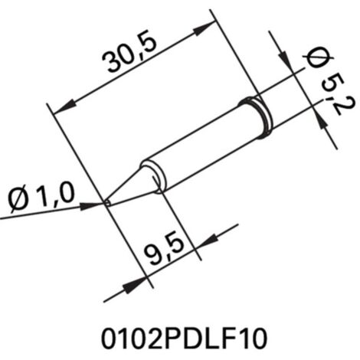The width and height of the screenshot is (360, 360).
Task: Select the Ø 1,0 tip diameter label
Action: [x=41, y=198]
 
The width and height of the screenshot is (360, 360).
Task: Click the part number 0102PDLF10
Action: [x=184, y=339]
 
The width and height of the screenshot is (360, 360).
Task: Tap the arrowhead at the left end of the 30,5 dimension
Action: [x=65, y=108]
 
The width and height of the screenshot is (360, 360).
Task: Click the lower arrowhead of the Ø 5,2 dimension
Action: [x=321, y=121]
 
